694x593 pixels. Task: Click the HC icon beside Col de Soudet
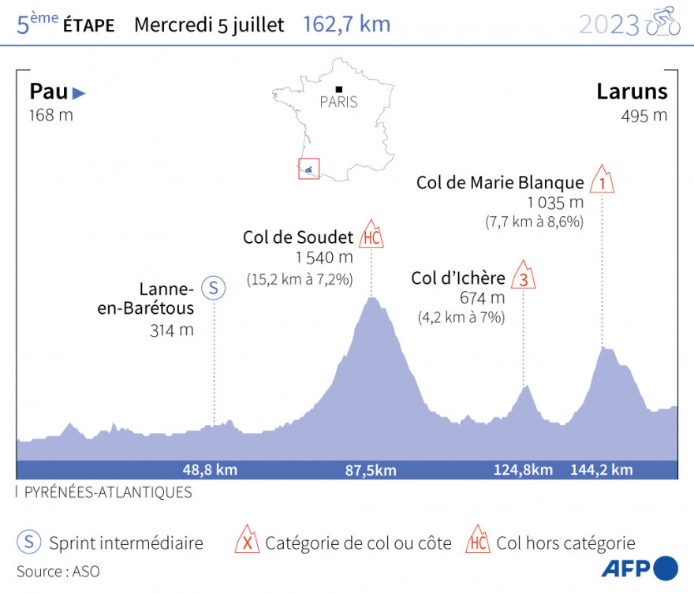(x=371, y=235)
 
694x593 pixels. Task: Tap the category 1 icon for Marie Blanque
(x=603, y=181)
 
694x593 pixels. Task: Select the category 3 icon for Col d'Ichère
(x=522, y=277)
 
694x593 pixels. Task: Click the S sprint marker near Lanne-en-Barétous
(x=213, y=288)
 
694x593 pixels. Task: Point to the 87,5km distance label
(x=371, y=470)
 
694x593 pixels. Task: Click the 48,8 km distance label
(x=210, y=470)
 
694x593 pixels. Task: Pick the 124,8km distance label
(x=523, y=470)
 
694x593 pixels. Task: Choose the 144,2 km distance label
(x=602, y=470)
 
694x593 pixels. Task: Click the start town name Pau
(x=48, y=92)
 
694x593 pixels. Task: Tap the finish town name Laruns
(x=632, y=92)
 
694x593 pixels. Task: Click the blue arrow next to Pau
(x=79, y=93)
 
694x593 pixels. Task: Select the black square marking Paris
(x=338, y=89)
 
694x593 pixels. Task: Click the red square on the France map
(x=308, y=169)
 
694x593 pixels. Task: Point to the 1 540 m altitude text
(x=324, y=258)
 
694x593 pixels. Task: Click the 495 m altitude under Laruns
(x=644, y=116)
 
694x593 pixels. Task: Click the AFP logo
(x=639, y=568)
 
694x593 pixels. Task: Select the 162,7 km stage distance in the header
(x=346, y=24)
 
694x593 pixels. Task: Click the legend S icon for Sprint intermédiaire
(x=28, y=543)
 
